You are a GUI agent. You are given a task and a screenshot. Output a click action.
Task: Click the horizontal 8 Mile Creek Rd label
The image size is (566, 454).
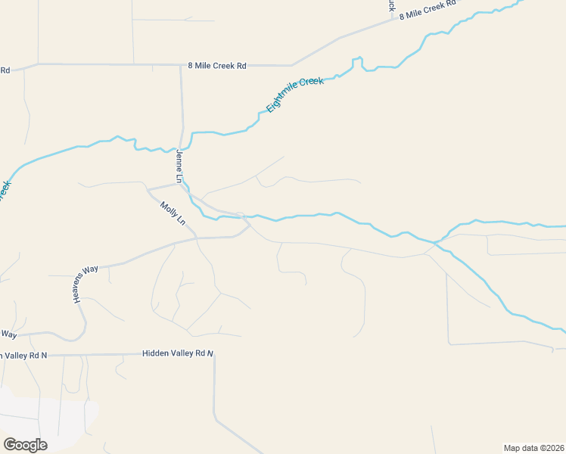216,66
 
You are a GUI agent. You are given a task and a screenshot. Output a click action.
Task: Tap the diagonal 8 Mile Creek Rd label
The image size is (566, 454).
428,9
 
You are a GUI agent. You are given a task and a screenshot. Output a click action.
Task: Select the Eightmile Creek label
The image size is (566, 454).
294,95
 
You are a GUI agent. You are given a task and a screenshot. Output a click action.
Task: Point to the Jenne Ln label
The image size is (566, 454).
179,166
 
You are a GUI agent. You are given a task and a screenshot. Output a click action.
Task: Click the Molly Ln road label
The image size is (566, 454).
173,213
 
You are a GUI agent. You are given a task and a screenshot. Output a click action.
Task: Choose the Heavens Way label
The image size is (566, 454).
86,285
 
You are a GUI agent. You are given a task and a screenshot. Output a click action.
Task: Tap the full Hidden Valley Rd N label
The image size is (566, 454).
179,353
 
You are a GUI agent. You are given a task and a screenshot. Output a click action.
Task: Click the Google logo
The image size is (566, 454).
25,445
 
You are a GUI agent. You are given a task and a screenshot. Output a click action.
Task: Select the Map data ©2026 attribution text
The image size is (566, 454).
533,448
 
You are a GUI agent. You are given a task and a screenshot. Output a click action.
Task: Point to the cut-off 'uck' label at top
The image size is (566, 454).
391,5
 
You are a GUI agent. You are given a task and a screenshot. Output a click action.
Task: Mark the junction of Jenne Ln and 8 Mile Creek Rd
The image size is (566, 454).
181,66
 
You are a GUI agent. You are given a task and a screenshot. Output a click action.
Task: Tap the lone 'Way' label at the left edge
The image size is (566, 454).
8,333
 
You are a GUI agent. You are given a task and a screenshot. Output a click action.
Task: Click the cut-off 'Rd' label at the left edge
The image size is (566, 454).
5,70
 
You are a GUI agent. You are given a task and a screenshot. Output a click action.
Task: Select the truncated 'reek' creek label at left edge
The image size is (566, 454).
5,188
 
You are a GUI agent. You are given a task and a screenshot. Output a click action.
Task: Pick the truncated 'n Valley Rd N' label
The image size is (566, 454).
23,355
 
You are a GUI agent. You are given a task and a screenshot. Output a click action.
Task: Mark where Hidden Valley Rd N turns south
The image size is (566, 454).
214,355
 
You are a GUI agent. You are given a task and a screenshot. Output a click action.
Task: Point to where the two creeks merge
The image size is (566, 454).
437,243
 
